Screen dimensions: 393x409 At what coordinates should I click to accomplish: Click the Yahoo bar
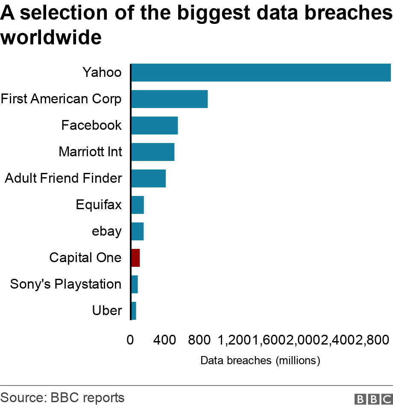(x=261, y=73)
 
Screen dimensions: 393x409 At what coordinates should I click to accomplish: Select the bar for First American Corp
(x=170, y=99)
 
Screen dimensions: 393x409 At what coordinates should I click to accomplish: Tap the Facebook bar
(x=155, y=126)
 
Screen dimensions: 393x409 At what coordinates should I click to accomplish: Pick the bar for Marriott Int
(x=153, y=152)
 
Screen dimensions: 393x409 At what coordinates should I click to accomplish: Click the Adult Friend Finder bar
(x=149, y=178)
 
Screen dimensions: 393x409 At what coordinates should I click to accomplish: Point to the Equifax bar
(x=138, y=205)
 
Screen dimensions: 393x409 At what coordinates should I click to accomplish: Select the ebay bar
(x=138, y=231)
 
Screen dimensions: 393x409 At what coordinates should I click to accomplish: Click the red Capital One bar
(x=135, y=258)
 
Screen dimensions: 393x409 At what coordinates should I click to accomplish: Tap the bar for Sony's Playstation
(x=135, y=284)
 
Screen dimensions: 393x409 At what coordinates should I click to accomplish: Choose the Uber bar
(x=134, y=311)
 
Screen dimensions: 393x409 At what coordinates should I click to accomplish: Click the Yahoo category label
(x=102, y=72)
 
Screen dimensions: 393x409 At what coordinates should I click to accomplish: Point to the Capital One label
(x=85, y=258)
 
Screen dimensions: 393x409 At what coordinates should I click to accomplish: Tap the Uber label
(x=107, y=310)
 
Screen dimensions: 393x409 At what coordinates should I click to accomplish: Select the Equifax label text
(x=99, y=205)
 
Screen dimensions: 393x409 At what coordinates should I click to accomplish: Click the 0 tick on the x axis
(x=130, y=340)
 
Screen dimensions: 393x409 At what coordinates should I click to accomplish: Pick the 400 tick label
(x=164, y=340)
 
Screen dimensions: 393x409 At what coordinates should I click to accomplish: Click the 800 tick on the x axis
(x=199, y=340)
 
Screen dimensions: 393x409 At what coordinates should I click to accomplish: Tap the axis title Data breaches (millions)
(x=260, y=360)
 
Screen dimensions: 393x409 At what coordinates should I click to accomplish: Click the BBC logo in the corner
(x=374, y=399)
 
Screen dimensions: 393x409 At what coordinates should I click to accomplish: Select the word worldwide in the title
(x=51, y=37)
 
